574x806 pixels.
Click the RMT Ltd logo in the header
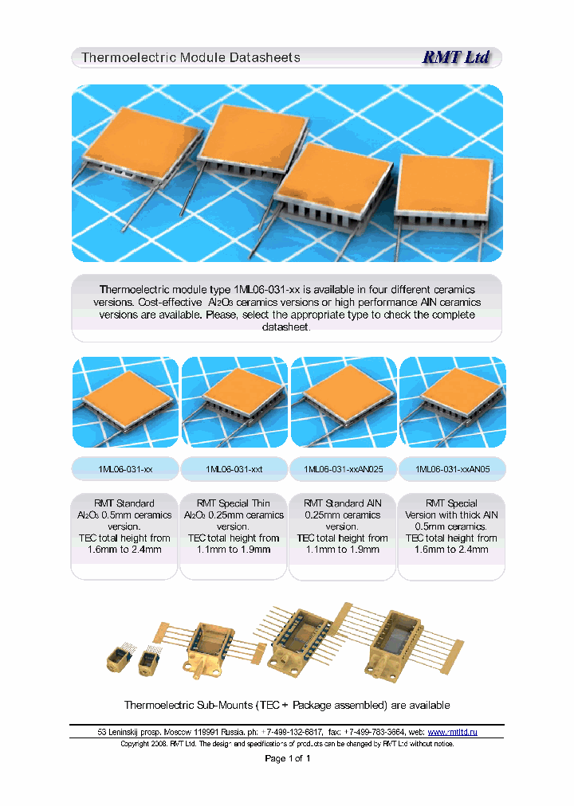(455, 57)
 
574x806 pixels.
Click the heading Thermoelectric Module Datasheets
(191, 57)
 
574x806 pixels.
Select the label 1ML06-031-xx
(124, 470)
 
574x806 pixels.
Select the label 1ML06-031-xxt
(234, 470)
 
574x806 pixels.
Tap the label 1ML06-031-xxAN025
(344, 470)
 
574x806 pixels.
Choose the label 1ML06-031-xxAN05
(452, 470)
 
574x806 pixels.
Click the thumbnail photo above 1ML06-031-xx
(124, 401)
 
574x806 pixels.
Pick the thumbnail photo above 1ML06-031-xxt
(234, 401)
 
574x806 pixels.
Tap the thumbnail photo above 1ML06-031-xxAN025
(344, 401)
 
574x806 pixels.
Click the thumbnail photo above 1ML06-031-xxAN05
(452, 401)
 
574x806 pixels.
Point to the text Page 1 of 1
(287, 758)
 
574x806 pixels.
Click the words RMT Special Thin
(234, 503)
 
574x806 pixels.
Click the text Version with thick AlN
(451, 515)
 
